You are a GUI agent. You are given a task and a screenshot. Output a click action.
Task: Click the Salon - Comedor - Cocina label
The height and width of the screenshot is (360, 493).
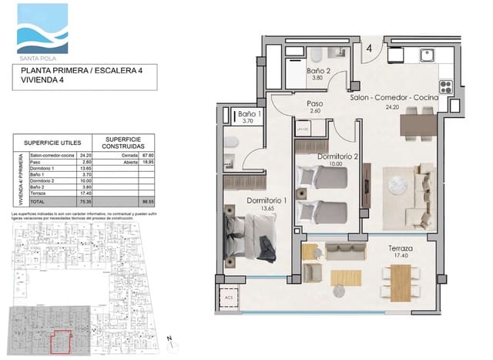(x=394, y=99)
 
